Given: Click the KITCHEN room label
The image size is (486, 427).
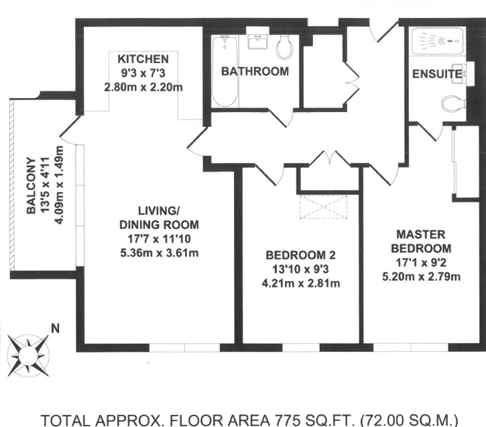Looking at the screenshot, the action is click(x=143, y=59).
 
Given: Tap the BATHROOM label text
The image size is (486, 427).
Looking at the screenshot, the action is click(x=255, y=71).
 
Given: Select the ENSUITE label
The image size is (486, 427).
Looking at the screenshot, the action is click(x=437, y=74).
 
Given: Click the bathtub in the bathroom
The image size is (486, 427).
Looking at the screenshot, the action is click(x=225, y=71).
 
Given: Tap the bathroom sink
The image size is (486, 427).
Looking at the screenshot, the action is click(x=257, y=41).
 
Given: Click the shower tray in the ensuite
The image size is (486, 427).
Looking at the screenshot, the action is click(x=438, y=42).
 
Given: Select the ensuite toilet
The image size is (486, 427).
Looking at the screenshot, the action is click(x=453, y=103).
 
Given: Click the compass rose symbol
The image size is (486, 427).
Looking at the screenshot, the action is click(x=28, y=355).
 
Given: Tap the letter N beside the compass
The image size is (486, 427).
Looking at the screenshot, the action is click(x=55, y=328).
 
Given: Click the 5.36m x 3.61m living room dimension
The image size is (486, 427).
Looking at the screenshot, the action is click(x=160, y=253).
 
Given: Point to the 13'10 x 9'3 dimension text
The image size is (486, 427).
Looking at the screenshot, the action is click(x=300, y=269).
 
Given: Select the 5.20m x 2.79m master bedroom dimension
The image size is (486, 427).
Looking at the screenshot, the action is click(x=421, y=277).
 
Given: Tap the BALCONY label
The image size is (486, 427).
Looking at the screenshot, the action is click(x=31, y=185).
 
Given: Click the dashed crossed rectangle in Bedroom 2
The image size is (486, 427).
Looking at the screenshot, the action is click(x=323, y=207).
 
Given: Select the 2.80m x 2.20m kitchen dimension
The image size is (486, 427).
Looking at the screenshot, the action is click(x=143, y=87).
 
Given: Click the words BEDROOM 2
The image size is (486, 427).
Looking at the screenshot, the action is click(x=301, y=255).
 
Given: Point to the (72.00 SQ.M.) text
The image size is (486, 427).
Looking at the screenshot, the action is click(x=409, y=420).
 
